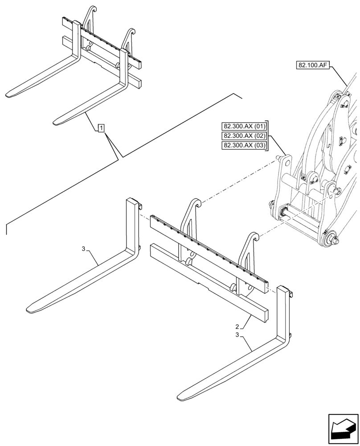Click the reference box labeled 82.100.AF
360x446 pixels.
coord(311,65)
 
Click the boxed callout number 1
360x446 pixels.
coord(102,129)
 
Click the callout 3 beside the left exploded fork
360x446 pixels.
coord(83,249)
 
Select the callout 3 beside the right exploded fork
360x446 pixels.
coord(237,334)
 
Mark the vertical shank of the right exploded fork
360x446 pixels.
coord(283,312)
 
